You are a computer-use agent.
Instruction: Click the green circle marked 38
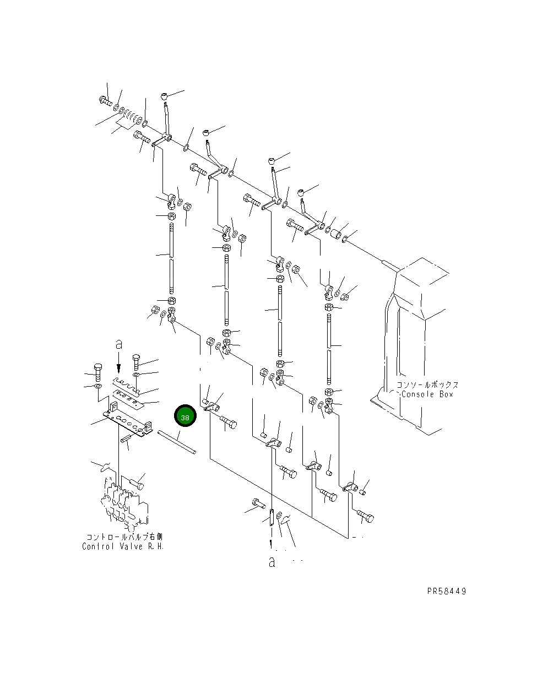(x=185, y=415)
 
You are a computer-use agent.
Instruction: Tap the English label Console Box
(x=427, y=394)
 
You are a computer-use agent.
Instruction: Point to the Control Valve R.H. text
(x=123, y=546)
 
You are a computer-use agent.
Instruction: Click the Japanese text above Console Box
(x=427, y=385)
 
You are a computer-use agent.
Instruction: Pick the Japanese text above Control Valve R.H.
(x=124, y=537)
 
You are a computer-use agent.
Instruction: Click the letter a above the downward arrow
(x=119, y=344)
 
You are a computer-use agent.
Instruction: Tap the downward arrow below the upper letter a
(x=119, y=362)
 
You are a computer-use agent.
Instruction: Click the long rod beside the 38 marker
(x=177, y=442)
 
